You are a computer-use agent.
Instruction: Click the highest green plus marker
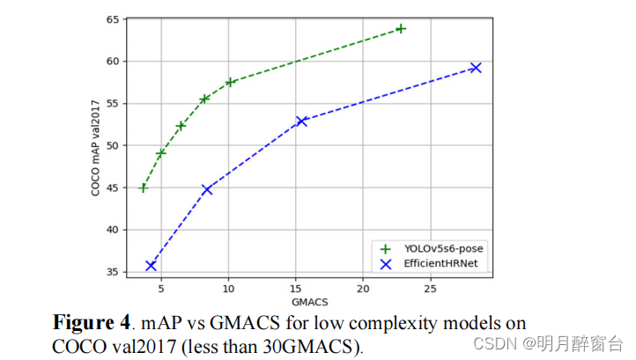401,28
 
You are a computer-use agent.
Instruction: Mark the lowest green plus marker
144,187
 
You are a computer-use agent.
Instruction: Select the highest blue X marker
476,68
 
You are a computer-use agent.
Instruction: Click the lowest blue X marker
151,265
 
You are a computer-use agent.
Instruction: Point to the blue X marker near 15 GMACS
301,121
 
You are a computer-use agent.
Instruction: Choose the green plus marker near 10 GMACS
231,83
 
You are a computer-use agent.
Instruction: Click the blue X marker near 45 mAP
207,189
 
